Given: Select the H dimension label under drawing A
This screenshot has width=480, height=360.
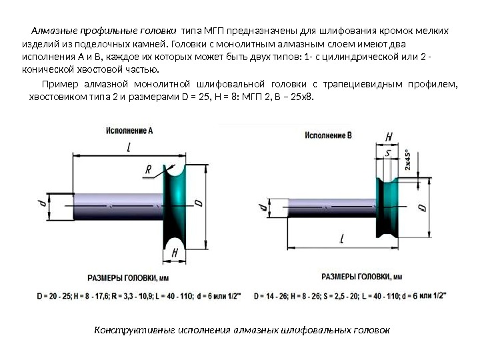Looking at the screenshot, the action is point(175,253).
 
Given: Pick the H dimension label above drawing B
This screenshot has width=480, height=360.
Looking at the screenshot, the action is point(389,137).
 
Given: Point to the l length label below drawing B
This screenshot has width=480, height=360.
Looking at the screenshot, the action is point(341,238).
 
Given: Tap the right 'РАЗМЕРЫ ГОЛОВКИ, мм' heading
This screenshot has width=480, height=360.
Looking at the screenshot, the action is point(362,276).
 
